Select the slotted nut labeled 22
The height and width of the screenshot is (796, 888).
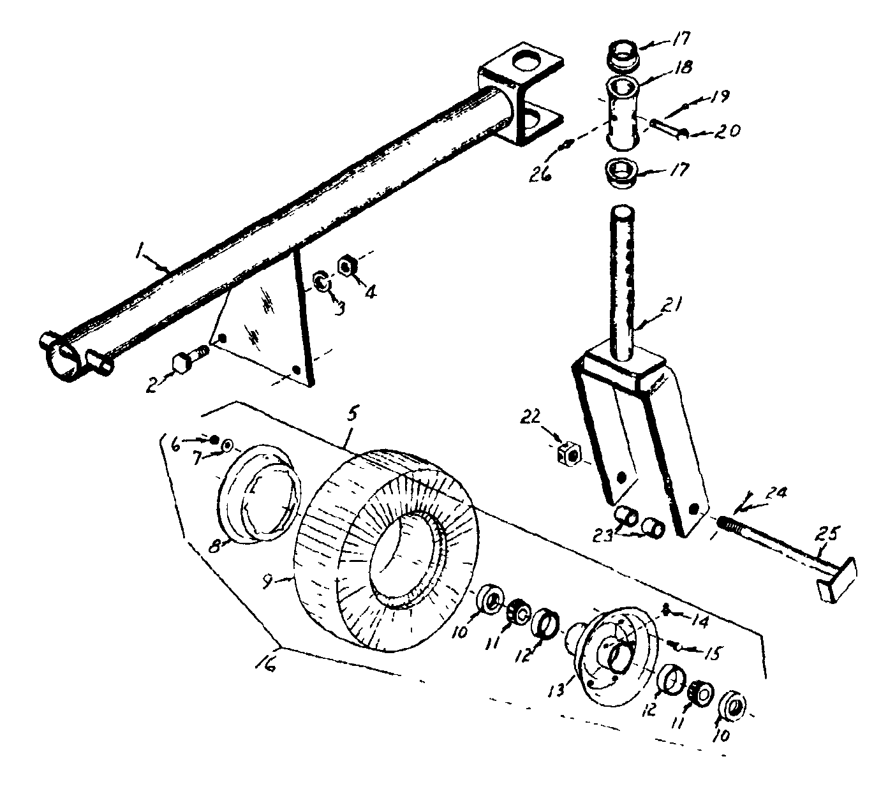[568, 455]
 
